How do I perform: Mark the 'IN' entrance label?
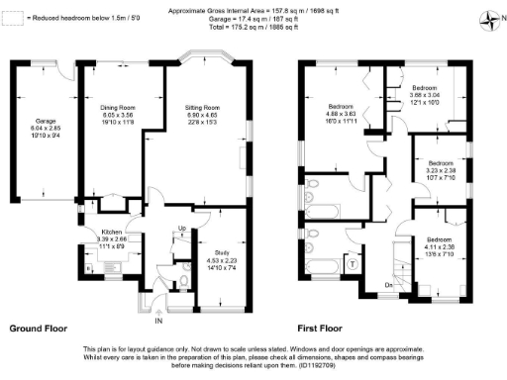click(157, 322)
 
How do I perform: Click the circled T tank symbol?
click(353, 264)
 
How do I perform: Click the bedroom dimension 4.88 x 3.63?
click(343, 114)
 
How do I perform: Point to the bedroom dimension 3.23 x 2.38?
click(439, 170)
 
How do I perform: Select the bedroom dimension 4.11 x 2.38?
click(438, 247)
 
